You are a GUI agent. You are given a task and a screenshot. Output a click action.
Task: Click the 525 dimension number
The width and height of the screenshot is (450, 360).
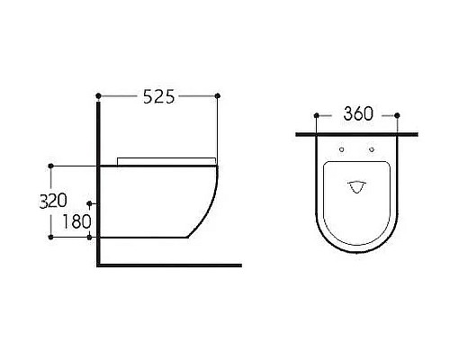tap(158, 96)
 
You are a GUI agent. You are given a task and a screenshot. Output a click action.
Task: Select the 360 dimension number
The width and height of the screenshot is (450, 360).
tap(358, 113)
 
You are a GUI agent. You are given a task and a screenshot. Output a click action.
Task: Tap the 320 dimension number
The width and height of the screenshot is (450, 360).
tap(53, 201)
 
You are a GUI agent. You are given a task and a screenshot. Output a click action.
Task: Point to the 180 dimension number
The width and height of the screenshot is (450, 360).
tap(76, 221)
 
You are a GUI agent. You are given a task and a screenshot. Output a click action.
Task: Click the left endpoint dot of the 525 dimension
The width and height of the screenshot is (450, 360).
tap(98, 95)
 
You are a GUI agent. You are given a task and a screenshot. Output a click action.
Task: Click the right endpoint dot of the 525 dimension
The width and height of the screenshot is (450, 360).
tap(218, 95)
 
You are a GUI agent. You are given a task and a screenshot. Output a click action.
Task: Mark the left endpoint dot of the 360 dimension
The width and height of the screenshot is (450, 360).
tap(316, 115)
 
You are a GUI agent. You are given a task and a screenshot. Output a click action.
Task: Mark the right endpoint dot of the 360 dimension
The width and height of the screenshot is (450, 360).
tap(397, 115)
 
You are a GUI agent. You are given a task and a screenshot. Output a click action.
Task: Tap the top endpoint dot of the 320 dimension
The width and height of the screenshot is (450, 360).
tap(50, 166)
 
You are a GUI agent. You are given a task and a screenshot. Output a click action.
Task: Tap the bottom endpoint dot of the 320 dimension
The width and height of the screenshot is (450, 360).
tap(50, 238)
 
